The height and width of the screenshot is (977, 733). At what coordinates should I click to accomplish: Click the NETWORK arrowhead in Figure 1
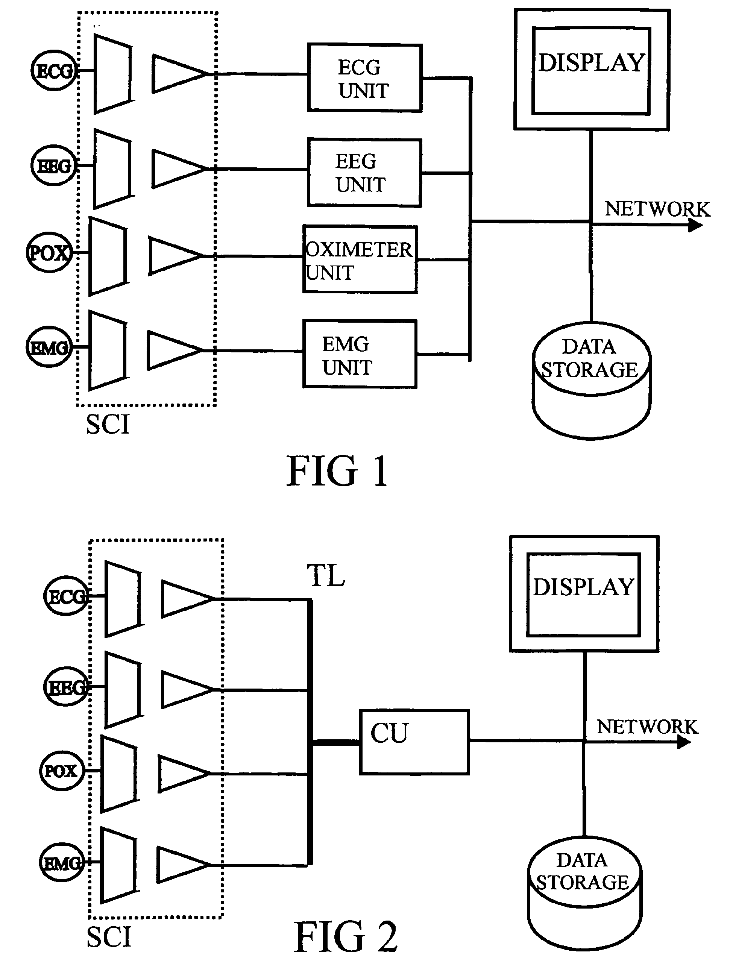695,225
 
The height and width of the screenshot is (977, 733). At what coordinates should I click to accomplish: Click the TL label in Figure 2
326,575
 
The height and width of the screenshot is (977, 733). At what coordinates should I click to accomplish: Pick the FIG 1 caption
337,471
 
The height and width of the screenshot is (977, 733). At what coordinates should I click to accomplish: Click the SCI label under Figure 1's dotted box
108,425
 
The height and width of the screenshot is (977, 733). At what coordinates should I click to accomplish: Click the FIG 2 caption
346,936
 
